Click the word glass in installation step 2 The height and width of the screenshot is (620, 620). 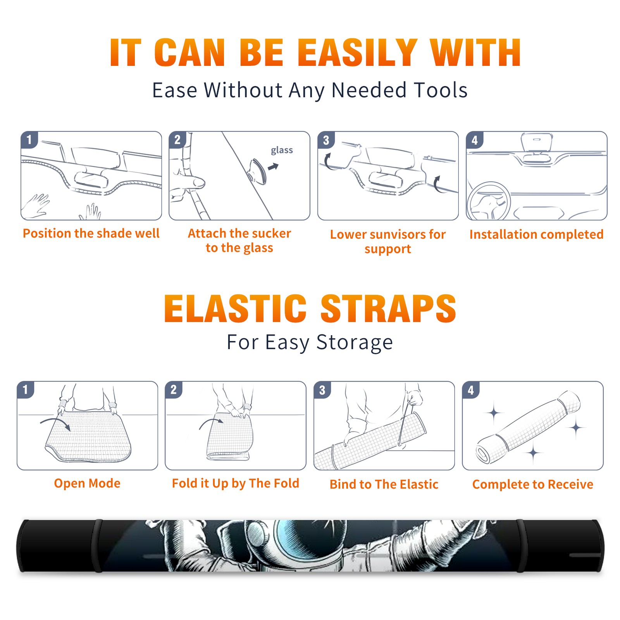pyautogui.click(x=282, y=150)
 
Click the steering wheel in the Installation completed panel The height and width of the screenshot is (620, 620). pyautogui.click(x=489, y=201)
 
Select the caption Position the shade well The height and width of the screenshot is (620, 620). pyautogui.click(x=91, y=233)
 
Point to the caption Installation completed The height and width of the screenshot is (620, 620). pyautogui.click(x=536, y=234)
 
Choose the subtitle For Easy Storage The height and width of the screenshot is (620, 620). pyautogui.click(x=310, y=343)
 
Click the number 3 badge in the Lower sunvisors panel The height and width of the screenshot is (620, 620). pyautogui.click(x=326, y=140)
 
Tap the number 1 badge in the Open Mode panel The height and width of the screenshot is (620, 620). pyautogui.click(x=26, y=389)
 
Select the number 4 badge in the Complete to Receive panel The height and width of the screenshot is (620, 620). pyautogui.click(x=471, y=390)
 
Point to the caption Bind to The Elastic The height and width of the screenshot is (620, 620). pyautogui.click(x=384, y=484)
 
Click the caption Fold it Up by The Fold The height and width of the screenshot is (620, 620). pyautogui.click(x=236, y=484)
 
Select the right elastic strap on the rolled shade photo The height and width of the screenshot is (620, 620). pyautogui.click(x=521, y=546)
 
